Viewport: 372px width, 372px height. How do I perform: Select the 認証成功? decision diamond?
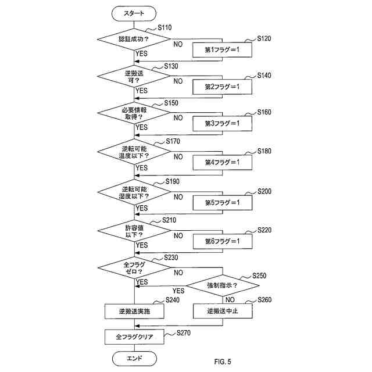click(x=134, y=40)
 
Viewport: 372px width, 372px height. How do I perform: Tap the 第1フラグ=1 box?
click(x=222, y=50)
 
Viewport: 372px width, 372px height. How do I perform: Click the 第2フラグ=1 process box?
click(x=222, y=87)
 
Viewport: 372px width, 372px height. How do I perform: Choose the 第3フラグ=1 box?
click(x=222, y=123)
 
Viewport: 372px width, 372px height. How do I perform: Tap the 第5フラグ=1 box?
click(x=222, y=203)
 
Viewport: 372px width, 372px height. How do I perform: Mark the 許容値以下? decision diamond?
click(x=134, y=231)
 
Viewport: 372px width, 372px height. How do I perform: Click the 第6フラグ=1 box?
click(x=222, y=241)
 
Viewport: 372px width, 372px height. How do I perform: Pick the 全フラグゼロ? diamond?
click(x=134, y=268)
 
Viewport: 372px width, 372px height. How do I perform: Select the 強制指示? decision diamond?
click(x=223, y=285)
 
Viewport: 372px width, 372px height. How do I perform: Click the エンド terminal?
click(x=134, y=359)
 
